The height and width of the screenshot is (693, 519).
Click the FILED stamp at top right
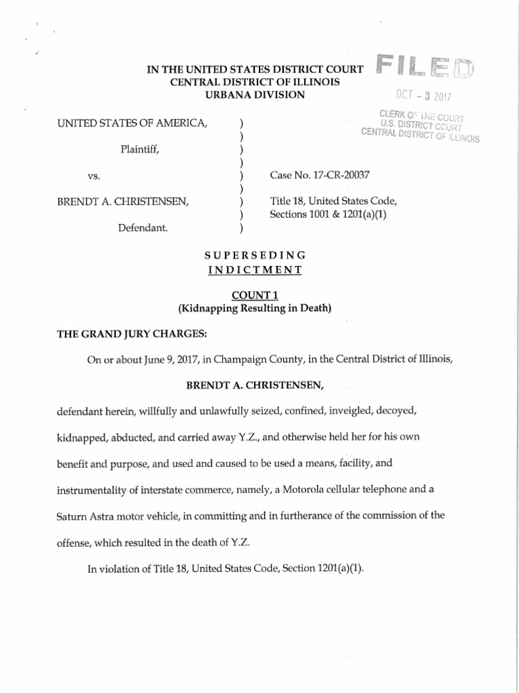(425, 66)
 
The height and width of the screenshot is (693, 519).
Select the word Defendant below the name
(143, 228)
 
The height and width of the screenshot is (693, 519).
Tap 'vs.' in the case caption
(94, 175)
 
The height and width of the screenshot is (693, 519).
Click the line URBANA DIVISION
(255, 95)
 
